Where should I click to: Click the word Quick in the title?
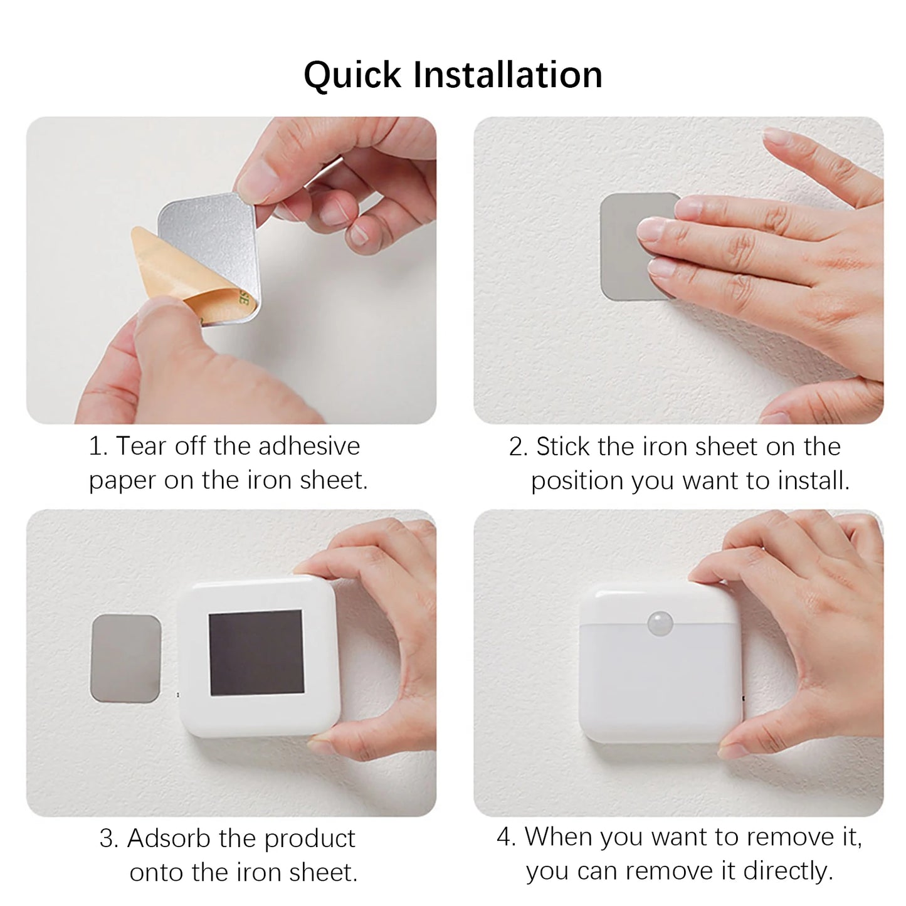(352, 75)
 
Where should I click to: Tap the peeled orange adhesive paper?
(163, 270)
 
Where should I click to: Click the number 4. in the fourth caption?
(507, 837)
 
